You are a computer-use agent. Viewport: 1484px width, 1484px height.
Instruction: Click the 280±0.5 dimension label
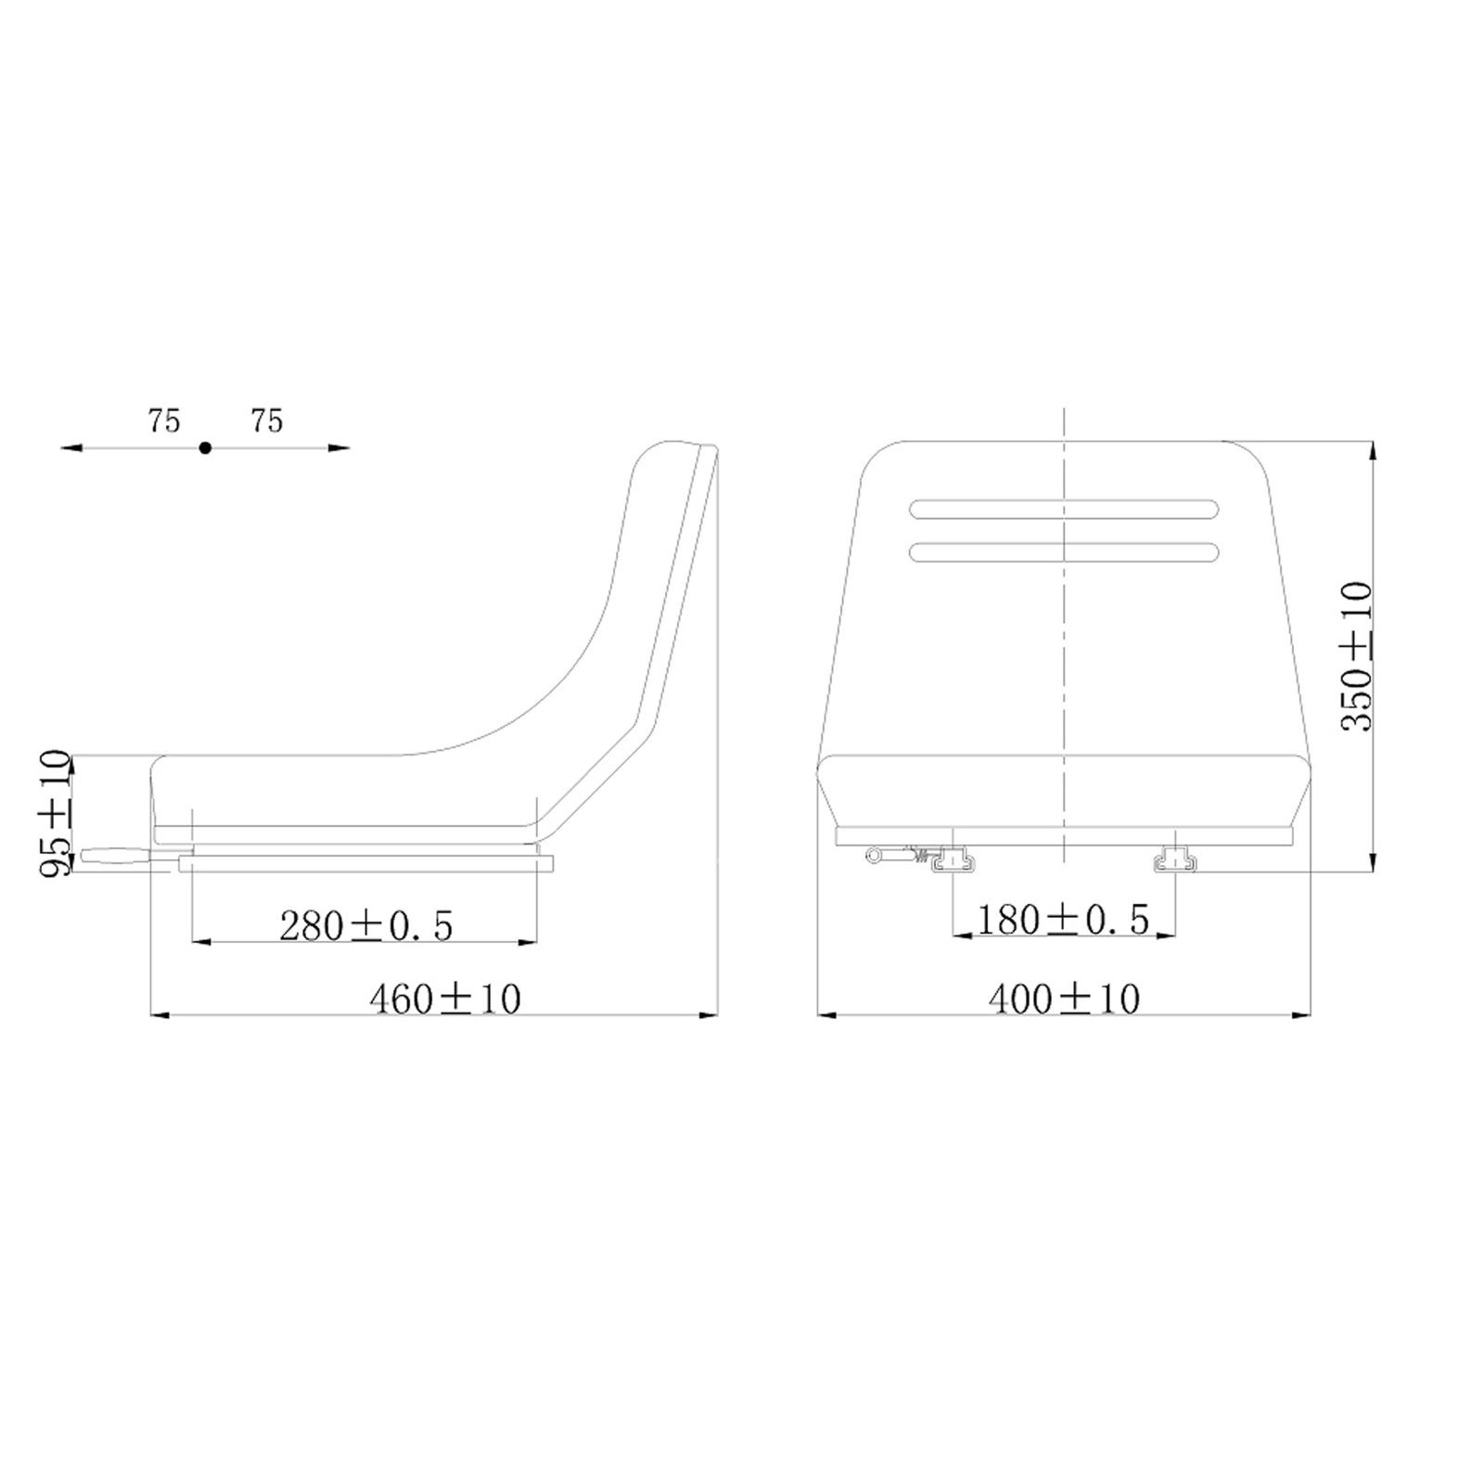[x=366, y=925]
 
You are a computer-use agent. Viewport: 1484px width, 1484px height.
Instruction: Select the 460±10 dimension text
[x=445, y=999]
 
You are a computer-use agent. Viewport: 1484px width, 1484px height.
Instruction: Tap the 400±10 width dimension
[x=1064, y=999]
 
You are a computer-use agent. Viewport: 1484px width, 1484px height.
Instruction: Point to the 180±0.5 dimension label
[x=1064, y=919]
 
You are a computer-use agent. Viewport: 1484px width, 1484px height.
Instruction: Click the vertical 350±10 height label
[x=1356, y=656]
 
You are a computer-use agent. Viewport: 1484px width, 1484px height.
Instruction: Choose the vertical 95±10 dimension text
[x=55, y=813]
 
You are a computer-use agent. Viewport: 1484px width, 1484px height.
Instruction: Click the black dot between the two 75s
[x=205, y=447]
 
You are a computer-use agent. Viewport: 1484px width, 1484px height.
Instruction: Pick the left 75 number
[x=163, y=421]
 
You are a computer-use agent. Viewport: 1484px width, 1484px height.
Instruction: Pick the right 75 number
[x=266, y=421]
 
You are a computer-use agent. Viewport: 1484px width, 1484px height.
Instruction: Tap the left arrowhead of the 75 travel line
[x=70, y=447]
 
